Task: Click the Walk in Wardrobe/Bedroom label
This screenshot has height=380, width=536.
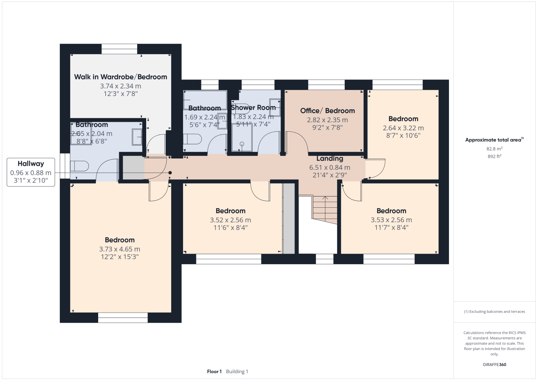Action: point(121,77)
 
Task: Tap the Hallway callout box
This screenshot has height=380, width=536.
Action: point(31,172)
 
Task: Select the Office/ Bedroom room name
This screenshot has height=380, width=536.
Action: point(327,111)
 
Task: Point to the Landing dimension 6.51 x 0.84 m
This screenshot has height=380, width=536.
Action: point(330,167)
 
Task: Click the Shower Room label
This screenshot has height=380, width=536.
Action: point(253,107)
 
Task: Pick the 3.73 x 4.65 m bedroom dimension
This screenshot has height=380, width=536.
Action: point(120,249)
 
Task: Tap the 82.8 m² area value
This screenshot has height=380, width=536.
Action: point(494,149)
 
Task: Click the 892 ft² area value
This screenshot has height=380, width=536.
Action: point(494,156)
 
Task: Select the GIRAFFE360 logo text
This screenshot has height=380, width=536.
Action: point(494,365)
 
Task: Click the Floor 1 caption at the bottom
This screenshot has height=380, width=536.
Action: point(214,371)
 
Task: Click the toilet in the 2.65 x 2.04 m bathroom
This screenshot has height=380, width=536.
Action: point(80,166)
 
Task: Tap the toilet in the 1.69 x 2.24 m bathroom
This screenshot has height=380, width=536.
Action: point(192,139)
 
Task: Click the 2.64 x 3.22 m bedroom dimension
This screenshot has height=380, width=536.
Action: point(403,128)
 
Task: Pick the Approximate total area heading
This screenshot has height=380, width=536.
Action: point(494,140)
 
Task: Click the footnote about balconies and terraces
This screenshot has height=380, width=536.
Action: point(494,311)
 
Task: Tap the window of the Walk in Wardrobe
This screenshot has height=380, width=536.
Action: point(119,49)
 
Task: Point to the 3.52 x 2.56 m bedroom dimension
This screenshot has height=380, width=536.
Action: point(230,220)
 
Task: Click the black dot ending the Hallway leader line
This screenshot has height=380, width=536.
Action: point(170,173)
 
